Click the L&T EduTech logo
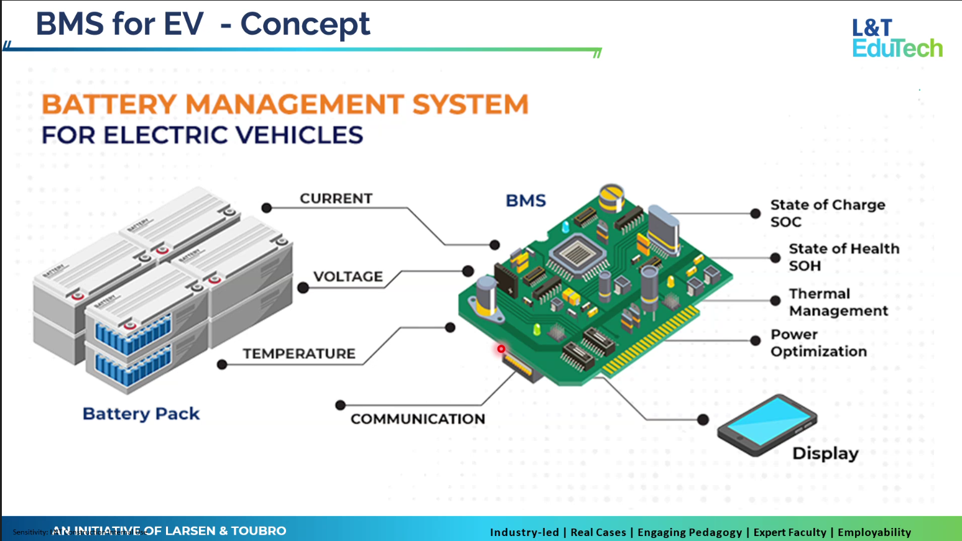[x=897, y=39]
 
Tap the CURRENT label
[x=336, y=198]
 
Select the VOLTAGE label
[x=348, y=277]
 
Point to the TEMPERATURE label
[x=299, y=354]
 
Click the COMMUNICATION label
[x=418, y=419]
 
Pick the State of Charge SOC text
[x=827, y=213]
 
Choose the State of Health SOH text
[x=844, y=257]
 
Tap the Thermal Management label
[x=838, y=302]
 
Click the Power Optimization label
[x=818, y=343]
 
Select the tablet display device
[x=767, y=425]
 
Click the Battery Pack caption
[x=141, y=414]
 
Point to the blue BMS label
[x=525, y=201]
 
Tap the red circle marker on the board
[x=501, y=349]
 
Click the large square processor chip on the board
[x=577, y=253]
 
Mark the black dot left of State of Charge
[x=755, y=213]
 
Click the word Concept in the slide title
[x=305, y=25]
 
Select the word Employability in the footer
[x=874, y=532]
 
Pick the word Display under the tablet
[x=825, y=453]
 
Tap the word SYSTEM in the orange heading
[x=470, y=104]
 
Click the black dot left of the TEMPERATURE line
[x=222, y=364]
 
